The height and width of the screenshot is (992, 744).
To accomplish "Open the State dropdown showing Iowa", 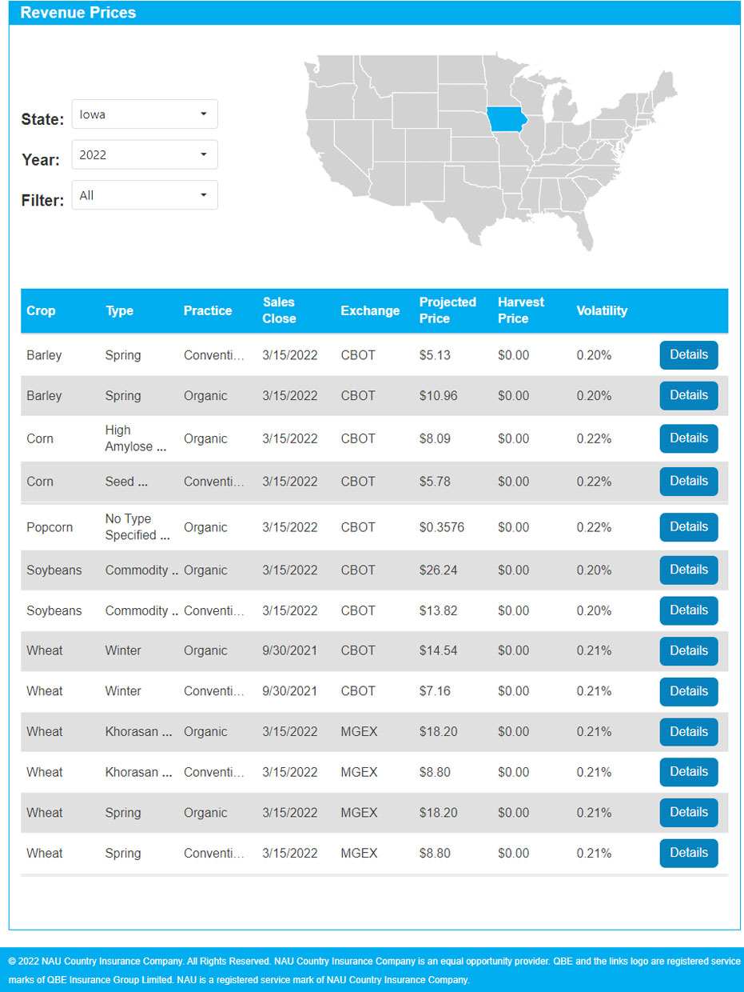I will coord(145,114).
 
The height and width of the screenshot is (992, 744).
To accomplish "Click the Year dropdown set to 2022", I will coord(145,154).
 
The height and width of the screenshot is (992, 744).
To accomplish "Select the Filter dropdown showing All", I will coord(145,195).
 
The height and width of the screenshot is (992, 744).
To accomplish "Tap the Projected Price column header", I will coord(447,310).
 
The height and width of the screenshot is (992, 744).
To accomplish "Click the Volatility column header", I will coord(602,310).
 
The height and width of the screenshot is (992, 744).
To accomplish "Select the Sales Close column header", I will coord(279,310).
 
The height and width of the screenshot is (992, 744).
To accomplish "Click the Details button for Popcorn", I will coord(688,527).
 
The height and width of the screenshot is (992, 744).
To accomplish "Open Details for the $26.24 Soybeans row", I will coord(688,570).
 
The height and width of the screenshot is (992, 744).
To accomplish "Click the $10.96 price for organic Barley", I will coord(438,395).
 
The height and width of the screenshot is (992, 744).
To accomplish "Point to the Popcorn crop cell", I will coord(50,527).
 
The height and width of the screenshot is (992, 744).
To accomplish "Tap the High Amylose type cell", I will coord(135,438).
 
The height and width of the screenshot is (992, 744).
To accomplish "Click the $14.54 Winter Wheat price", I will coord(438,650).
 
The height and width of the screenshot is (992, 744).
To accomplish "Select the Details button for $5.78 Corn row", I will coord(688,482).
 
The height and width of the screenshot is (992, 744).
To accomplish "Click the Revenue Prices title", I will coord(78,13).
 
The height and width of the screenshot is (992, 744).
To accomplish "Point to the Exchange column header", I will coord(369,310).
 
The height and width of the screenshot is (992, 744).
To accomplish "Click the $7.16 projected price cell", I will coord(435,691).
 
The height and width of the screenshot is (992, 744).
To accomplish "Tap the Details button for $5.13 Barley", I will coord(688,354).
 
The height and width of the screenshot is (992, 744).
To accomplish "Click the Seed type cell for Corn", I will coord(126,482).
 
